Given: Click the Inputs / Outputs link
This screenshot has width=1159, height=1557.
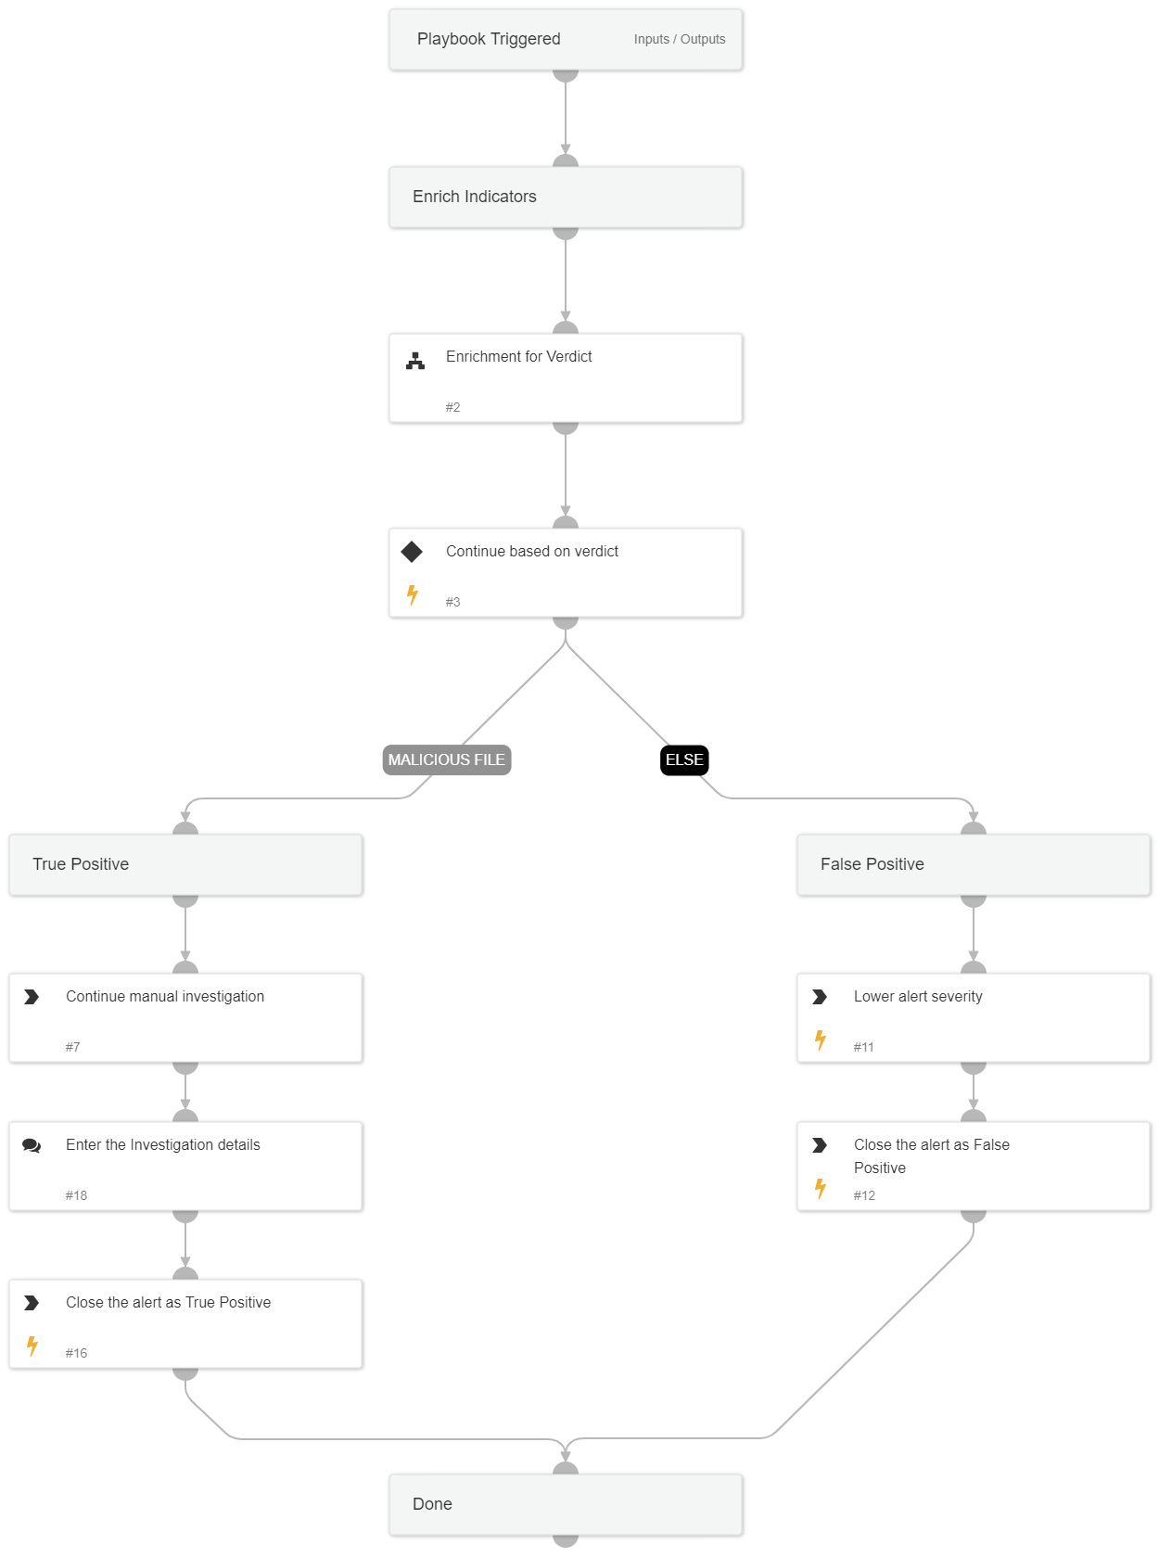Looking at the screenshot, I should pyautogui.click(x=679, y=39).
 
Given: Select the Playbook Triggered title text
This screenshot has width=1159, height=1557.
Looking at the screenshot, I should pyautogui.click(x=489, y=39).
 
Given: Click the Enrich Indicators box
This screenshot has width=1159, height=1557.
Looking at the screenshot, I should pyautogui.click(x=566, y=197).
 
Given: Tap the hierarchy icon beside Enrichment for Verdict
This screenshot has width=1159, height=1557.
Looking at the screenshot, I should pyautogui.click(x=415, y=361).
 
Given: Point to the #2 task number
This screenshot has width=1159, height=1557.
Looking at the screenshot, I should pyautogui.click(x=452, y=407).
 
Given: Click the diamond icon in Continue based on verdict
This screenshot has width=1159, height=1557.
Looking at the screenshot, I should pyautogui.click(x=412, y=552).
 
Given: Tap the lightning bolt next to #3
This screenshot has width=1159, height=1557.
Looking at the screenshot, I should pyautogui.click(x=413, y=594).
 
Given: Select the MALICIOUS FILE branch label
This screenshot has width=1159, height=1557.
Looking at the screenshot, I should pyautogui.click(x=447, y=759).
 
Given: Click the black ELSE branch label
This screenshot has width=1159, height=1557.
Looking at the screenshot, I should pyautogui.click(x=684, y=759).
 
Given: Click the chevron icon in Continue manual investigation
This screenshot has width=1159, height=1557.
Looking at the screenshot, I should pyautogui.click(x=32, y=997).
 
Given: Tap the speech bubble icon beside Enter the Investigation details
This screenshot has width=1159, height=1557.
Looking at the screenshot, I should pyautogui.click(x=32, y=1145).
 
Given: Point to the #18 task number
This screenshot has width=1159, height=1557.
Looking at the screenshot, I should pyautogui.click(x=76, y=1195).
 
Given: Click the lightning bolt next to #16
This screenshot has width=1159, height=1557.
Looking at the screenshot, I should pyautogui.click(x=32, y=1346).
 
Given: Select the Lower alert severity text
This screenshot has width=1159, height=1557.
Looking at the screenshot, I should pyautogui.click(x=918, y=996).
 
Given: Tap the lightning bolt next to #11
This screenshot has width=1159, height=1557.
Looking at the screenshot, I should pyautogui.click(x=821, y=1040).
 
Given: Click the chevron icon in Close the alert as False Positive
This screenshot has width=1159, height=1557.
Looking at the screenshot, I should pyautogui.click(x=820, y=1145).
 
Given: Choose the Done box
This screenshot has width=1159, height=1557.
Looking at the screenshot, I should pyautogui.click(x=566, y=1504).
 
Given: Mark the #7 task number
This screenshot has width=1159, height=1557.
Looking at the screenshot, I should pyautogui.click(x=72, y=1047).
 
